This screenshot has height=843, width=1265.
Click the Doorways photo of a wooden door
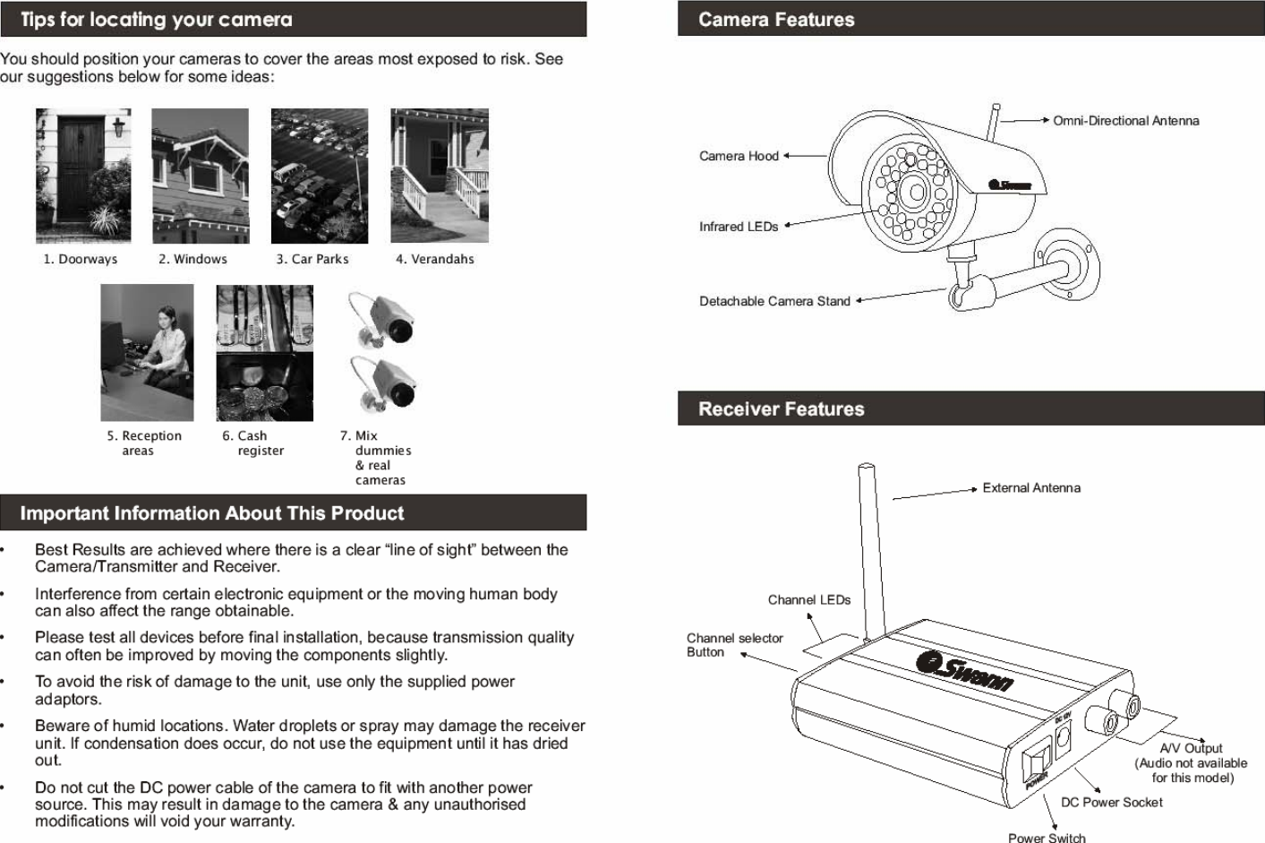83,176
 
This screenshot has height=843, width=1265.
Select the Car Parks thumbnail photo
320,176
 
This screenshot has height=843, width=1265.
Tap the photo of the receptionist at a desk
147,352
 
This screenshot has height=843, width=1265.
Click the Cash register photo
265,352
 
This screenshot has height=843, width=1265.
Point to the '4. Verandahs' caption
435,259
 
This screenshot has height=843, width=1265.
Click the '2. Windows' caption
192,259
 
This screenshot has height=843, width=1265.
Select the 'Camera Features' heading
776,20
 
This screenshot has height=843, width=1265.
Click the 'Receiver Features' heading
781,409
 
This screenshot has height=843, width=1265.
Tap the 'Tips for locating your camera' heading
157,19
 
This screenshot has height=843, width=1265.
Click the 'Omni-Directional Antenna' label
1125,121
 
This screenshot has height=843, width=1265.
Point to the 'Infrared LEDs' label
739,227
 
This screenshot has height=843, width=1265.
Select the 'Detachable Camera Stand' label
774,301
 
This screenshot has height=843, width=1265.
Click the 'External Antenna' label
1031,488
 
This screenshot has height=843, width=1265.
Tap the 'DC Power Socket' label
1111,803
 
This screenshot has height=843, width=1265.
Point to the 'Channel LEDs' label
809,599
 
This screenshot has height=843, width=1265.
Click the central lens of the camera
913,191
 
